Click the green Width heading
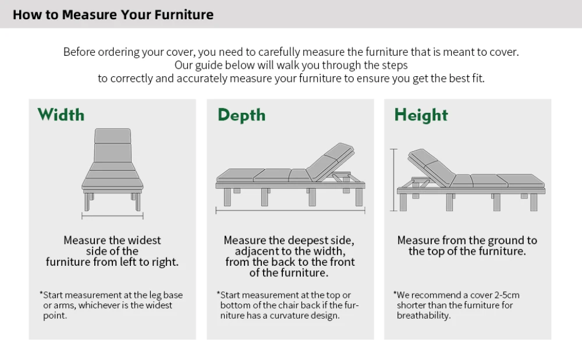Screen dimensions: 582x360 tap(61, 115)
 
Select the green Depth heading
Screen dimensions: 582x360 tap(242, 116)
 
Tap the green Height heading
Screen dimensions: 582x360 tap(421, 116)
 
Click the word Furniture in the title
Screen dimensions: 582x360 tap(184, 15)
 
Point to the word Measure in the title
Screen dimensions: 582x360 tap(89, 15)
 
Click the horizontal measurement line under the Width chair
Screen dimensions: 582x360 tap(112, 215)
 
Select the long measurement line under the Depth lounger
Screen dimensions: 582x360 tap(290, 211)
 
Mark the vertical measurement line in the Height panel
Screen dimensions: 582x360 tap(393, 180)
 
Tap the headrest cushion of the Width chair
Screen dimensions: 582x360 tap(112, 136)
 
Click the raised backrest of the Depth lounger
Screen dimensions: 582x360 tap(329, 162)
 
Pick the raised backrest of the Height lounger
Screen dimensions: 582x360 tap(431, 167)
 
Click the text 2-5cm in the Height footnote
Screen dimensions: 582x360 tap(507, 295)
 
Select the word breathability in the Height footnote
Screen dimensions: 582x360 tap(424, 316)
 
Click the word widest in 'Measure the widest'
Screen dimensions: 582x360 tap(144, 240)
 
